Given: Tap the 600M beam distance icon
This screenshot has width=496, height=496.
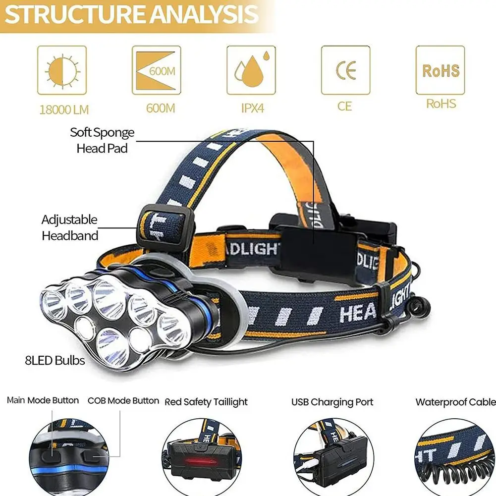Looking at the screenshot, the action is (156, 70).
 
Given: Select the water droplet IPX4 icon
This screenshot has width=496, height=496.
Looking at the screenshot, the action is (251, 70).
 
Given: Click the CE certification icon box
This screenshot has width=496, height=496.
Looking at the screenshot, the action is (345, 70).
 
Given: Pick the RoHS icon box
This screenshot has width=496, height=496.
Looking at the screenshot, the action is (440, 70).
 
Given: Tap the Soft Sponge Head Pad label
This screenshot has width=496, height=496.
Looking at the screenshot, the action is (102, 140).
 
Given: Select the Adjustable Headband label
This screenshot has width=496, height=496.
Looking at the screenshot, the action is (69, 227).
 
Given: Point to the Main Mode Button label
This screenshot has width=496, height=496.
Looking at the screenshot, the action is (43, 400).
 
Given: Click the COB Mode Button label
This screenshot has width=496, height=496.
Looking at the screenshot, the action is (123, 400).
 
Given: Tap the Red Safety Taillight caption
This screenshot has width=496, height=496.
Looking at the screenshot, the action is (206, 402).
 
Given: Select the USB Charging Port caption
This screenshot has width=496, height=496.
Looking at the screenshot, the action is (332, 402).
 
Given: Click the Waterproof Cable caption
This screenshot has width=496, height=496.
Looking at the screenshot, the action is (455, 402).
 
